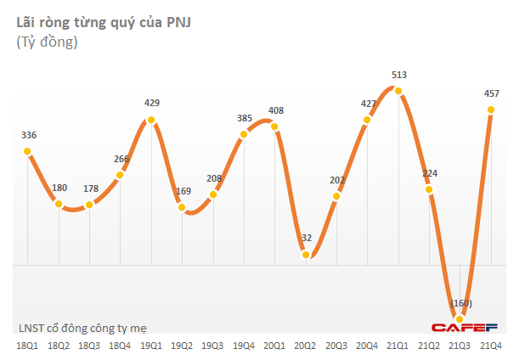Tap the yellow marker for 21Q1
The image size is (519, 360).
pyautogui.click(x=398, y=91)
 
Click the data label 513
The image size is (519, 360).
pyautogui.click(x=398, y=75)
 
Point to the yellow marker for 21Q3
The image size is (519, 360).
pyautogui.click(x=460, y=319)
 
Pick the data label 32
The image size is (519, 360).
pyautogui.click(x=306, y=239)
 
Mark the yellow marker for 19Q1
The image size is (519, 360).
pyautogui.click(x=151, y=120)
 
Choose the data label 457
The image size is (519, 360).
pyautogui.click(x=491, y=92)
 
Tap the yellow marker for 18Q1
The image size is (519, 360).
pyautogui.click(x=27, y=152)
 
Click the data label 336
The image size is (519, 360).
pyautogui.click(x=27, y=135)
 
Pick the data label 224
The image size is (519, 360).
pyautogui.click(x=430, y=174)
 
